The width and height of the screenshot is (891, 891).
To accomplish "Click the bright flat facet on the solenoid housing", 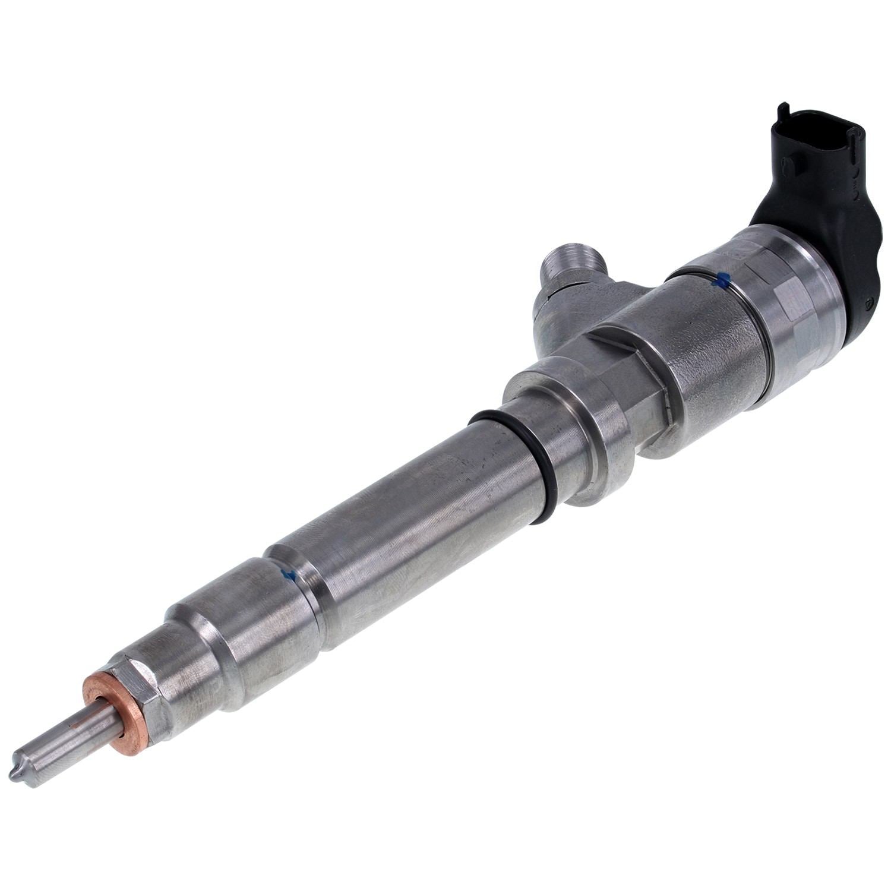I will point(790,297).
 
